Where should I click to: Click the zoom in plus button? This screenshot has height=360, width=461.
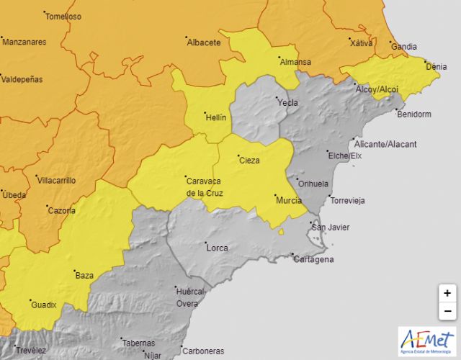point(447,293)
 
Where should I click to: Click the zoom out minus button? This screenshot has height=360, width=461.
point(447,311)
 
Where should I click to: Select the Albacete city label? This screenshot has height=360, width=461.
point(204,42)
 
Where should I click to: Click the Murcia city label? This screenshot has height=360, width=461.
point(290,200)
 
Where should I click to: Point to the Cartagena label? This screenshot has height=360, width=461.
point(315,259)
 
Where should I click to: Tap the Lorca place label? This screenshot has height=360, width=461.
point(217,248)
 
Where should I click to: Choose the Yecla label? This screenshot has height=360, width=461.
point(288,103)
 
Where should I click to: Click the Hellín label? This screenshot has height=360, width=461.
point(215,117)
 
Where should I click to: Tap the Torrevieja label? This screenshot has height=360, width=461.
point(346,200)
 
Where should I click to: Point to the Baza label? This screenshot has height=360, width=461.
point(84,275)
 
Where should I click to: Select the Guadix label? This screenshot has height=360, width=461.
point(44,305)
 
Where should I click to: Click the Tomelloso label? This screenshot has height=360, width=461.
point(63,16)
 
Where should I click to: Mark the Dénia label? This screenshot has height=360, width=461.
point(437,67)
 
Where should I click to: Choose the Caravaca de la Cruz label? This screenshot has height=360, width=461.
point(205,186)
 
